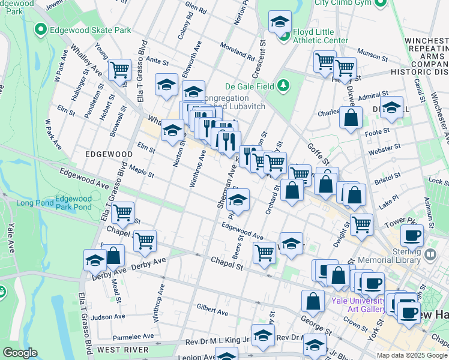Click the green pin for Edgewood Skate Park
point(41,29)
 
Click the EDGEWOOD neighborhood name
point(109,154)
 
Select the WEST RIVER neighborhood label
point(122,349)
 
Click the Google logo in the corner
point(20,353)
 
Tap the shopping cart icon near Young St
point(119,70)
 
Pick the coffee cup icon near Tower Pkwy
point(412,235)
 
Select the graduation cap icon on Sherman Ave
point(238,200)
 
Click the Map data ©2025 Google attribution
point(411,355)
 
